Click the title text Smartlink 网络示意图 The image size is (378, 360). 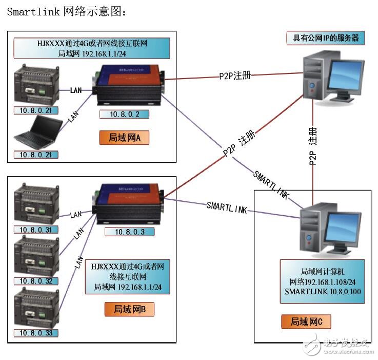[66, 12]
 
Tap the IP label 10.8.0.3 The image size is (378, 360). [129, 232]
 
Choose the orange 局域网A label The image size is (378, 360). [124, 138]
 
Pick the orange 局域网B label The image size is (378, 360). [129, 309]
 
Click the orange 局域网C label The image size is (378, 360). [306, 322]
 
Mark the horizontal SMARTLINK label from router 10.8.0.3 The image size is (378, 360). [227, 206]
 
